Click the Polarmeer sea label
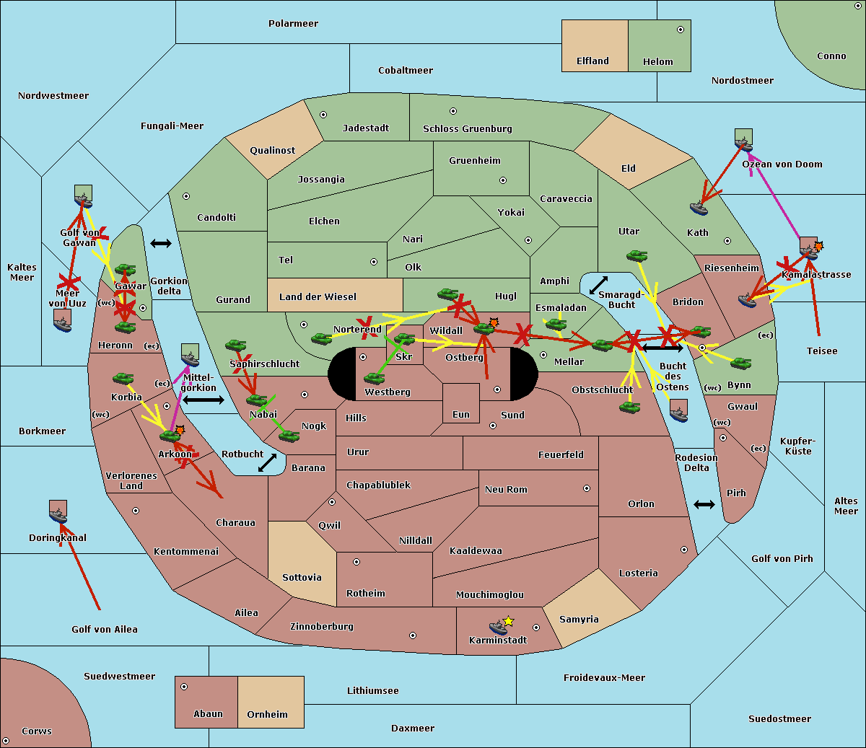pos(293,24)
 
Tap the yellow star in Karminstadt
pos(508,620)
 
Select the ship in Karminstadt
pos(498,628)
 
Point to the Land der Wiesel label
pos(318,297)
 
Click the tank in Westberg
pos(374,378)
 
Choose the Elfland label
pos(592,61)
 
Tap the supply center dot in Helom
pos(681,30)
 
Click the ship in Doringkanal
pos(58,516)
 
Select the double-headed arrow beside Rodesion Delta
pos(704,504)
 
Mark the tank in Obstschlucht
pos(630,407)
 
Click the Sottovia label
pos(302,578)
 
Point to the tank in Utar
pos(637,255)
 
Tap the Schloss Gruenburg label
pos(467,129)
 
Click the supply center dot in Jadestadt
pos(323,115)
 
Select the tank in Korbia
pos(123,378)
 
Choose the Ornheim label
pos(267,715)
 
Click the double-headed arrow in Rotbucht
pos(267,463)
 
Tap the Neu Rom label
pos(506,490)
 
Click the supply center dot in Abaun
pos(183,687)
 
